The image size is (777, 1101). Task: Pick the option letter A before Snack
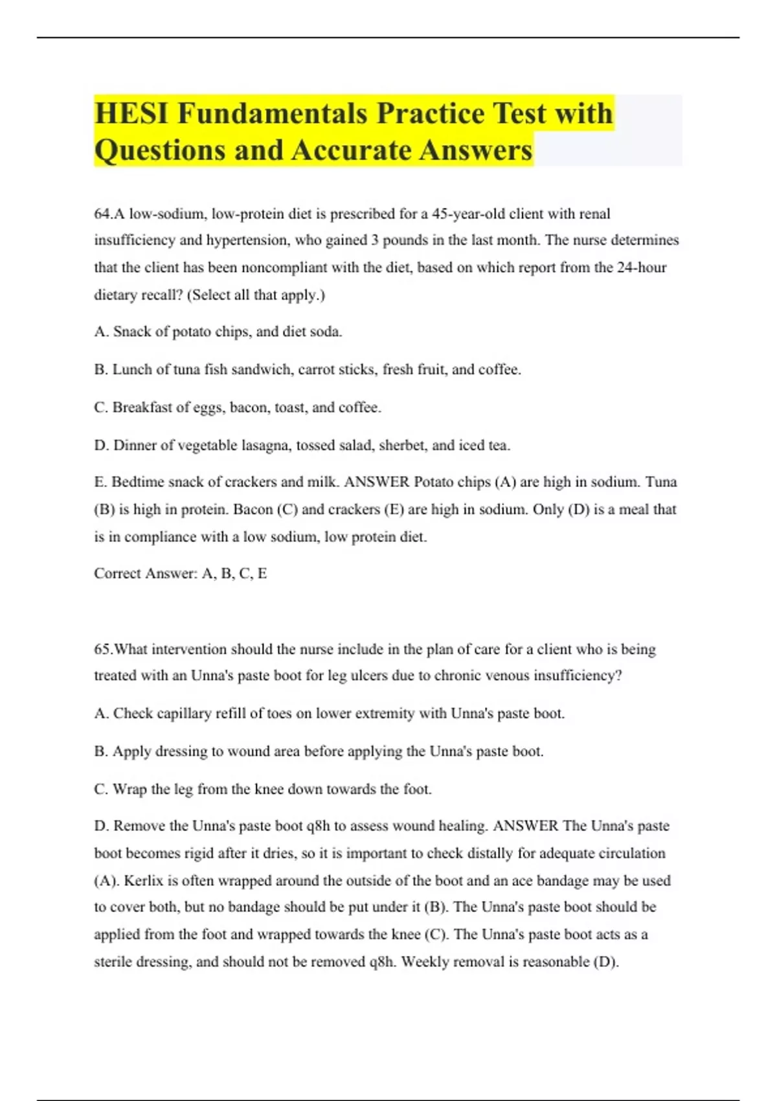[x=100, y=332]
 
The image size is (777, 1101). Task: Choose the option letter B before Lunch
[x=100, y=370]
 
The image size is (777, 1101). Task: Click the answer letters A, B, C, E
[x=234, y=574]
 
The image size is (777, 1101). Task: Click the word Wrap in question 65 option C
[x=129, y=789]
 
